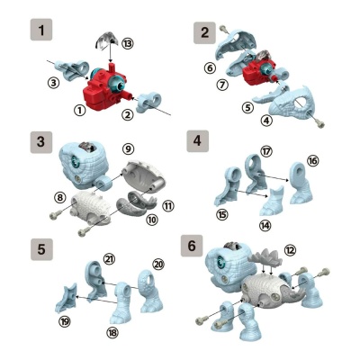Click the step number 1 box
click(40, 31)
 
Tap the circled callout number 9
click(128, 148)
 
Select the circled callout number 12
click(289, 249)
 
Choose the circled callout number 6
click(209, 67)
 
